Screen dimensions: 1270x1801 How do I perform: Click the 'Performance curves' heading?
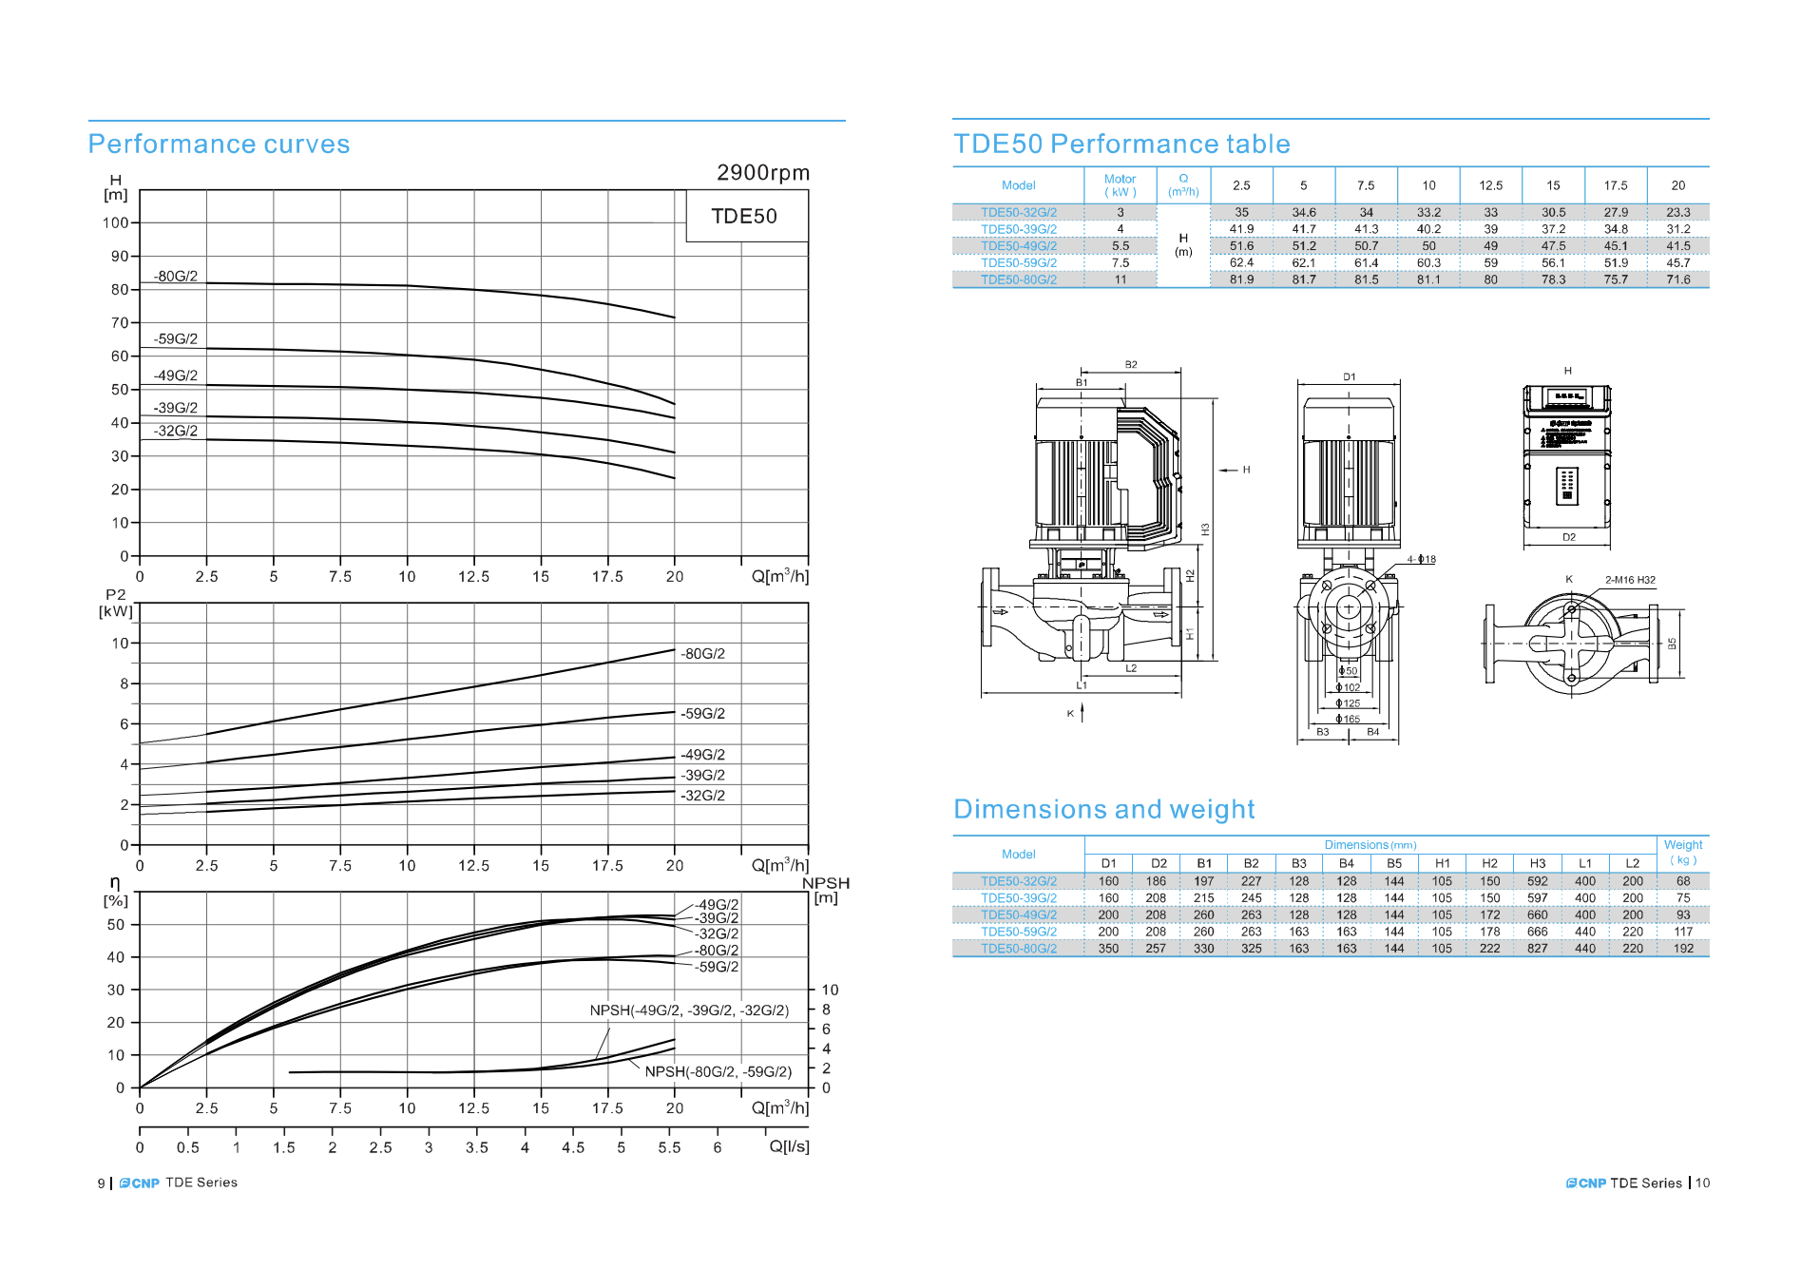[x=219, y=144]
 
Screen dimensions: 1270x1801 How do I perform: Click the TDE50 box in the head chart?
[x=744, y=217]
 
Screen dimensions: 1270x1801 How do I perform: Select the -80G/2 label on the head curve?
[x=177, y=277]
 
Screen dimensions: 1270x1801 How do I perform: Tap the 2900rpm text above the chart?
[x=762, y=173]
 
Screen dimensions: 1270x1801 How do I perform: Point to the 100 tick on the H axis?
[x=116, y=223]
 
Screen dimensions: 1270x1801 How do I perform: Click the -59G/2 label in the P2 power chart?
[x=702, y=714]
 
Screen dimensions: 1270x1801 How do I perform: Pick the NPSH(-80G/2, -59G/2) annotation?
[x=718, y=1071]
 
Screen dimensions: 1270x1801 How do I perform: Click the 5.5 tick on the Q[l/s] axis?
[x=669, y=1147]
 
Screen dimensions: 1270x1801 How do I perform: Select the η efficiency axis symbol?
[x=115, y=882]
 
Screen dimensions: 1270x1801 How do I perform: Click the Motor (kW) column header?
[x=1120, y=185]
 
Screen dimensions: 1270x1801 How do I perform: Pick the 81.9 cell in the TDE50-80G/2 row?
[x=1241, y=279]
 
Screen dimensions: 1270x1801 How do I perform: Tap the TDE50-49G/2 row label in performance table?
[x=1018, y=246]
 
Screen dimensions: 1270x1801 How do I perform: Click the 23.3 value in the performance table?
[x=1677, y=213]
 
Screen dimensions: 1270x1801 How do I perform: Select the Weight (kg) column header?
[x=1682, y=852]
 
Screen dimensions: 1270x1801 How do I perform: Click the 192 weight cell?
[x=1682, y=949]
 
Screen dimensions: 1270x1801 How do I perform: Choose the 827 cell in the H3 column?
[x=1537, y=949]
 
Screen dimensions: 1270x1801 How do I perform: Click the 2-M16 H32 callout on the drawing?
[x=1629, y=580]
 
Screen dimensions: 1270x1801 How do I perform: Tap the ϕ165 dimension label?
[x=1348, y=720]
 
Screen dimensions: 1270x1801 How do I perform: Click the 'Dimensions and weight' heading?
[x=1103, y=810]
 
